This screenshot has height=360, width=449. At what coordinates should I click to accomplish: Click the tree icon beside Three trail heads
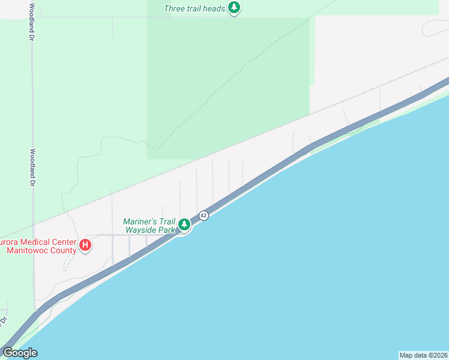point(235,8)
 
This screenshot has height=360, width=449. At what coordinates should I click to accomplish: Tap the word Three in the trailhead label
point(175,8)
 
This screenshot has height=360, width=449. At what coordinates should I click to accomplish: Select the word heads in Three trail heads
point(214,8)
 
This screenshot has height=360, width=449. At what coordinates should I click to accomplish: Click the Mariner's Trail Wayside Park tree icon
point(184,225)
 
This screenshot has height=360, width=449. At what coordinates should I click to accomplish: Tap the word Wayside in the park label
point(141,229)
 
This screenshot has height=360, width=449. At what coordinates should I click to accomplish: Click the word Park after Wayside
point(167,229)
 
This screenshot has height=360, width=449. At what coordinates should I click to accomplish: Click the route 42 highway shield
point(203,215)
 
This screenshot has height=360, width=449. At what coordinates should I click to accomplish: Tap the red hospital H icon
point(85,245)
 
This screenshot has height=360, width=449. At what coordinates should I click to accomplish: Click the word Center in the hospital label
point(62,242)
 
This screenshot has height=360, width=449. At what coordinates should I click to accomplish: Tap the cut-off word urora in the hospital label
point(7,242)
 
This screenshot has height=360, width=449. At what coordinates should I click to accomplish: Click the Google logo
point(20,353)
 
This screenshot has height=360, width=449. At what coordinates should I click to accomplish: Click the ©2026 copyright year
point(439,355)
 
